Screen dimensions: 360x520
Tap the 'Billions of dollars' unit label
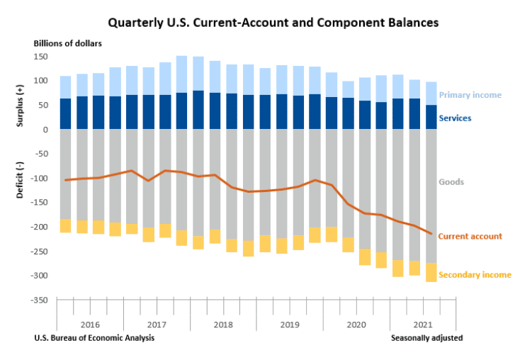point(67,43)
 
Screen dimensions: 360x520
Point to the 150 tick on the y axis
point(40,57)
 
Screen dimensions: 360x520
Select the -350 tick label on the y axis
point(38,300)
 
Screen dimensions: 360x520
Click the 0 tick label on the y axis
point(44,130)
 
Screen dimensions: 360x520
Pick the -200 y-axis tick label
point(38,227)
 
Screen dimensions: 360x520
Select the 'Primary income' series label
point(470,95)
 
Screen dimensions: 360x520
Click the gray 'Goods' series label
point(451,182)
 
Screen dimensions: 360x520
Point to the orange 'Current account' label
point(470,236)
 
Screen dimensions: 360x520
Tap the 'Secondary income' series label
point(474,274)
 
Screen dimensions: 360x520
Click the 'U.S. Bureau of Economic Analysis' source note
point(94,338)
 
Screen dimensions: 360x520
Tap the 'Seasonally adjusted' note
point(426,338)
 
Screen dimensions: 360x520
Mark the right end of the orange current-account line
point(431,234)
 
